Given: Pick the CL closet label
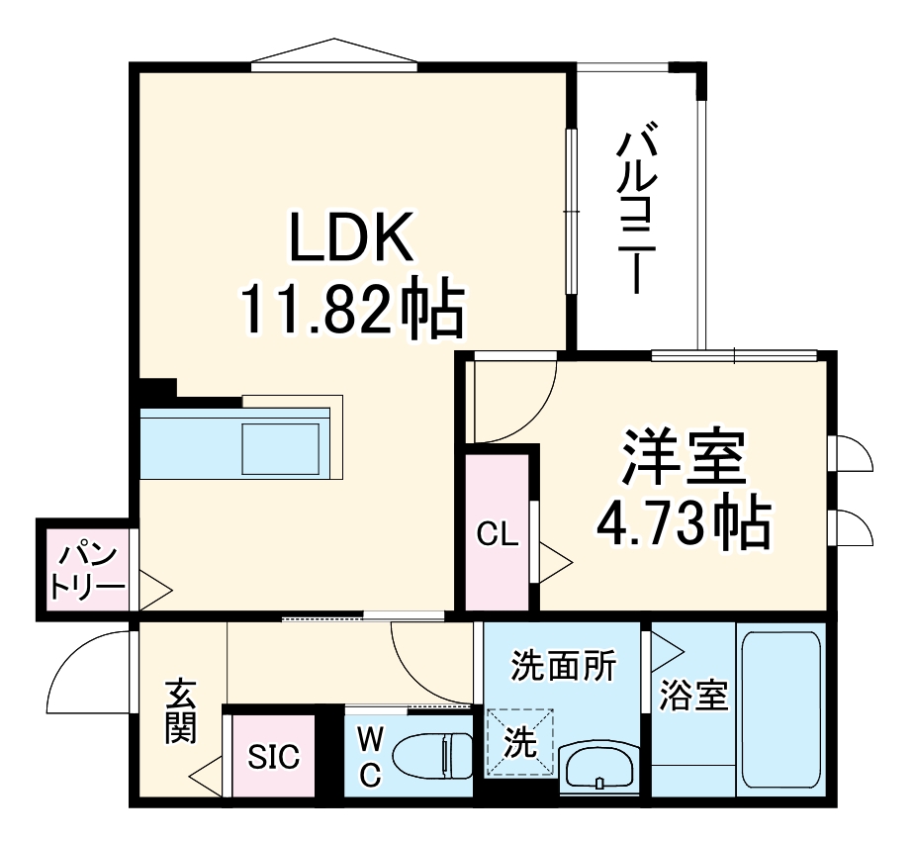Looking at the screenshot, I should (x=497, y=535).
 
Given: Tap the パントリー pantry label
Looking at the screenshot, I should (x=88, y=573).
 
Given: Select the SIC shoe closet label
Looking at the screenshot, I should (x=273, y=758).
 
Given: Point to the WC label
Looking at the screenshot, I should (x=369, y=757).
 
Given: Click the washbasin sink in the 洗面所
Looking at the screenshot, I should (x=600, y=767).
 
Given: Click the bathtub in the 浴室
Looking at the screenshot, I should (x=780, y=709).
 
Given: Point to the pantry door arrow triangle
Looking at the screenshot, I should (x=154, y=591).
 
